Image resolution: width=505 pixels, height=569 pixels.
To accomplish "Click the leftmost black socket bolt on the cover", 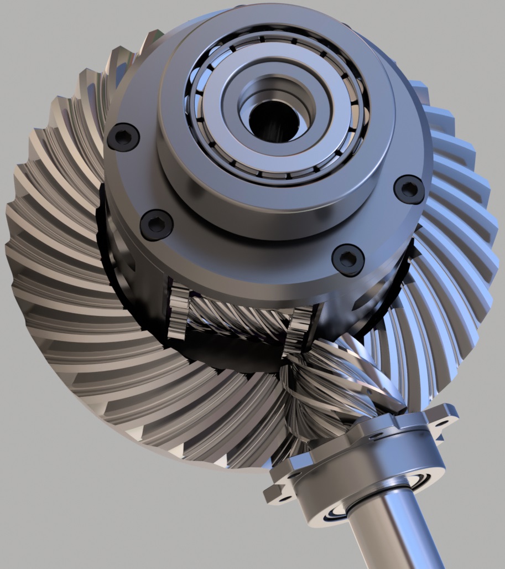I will click(122, 137).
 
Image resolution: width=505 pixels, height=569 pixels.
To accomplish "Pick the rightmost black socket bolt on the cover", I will click(409, 189).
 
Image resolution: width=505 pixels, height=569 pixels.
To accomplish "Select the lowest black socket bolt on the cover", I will click(348, 259).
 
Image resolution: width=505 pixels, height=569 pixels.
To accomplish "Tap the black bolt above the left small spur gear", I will click(157, 224).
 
